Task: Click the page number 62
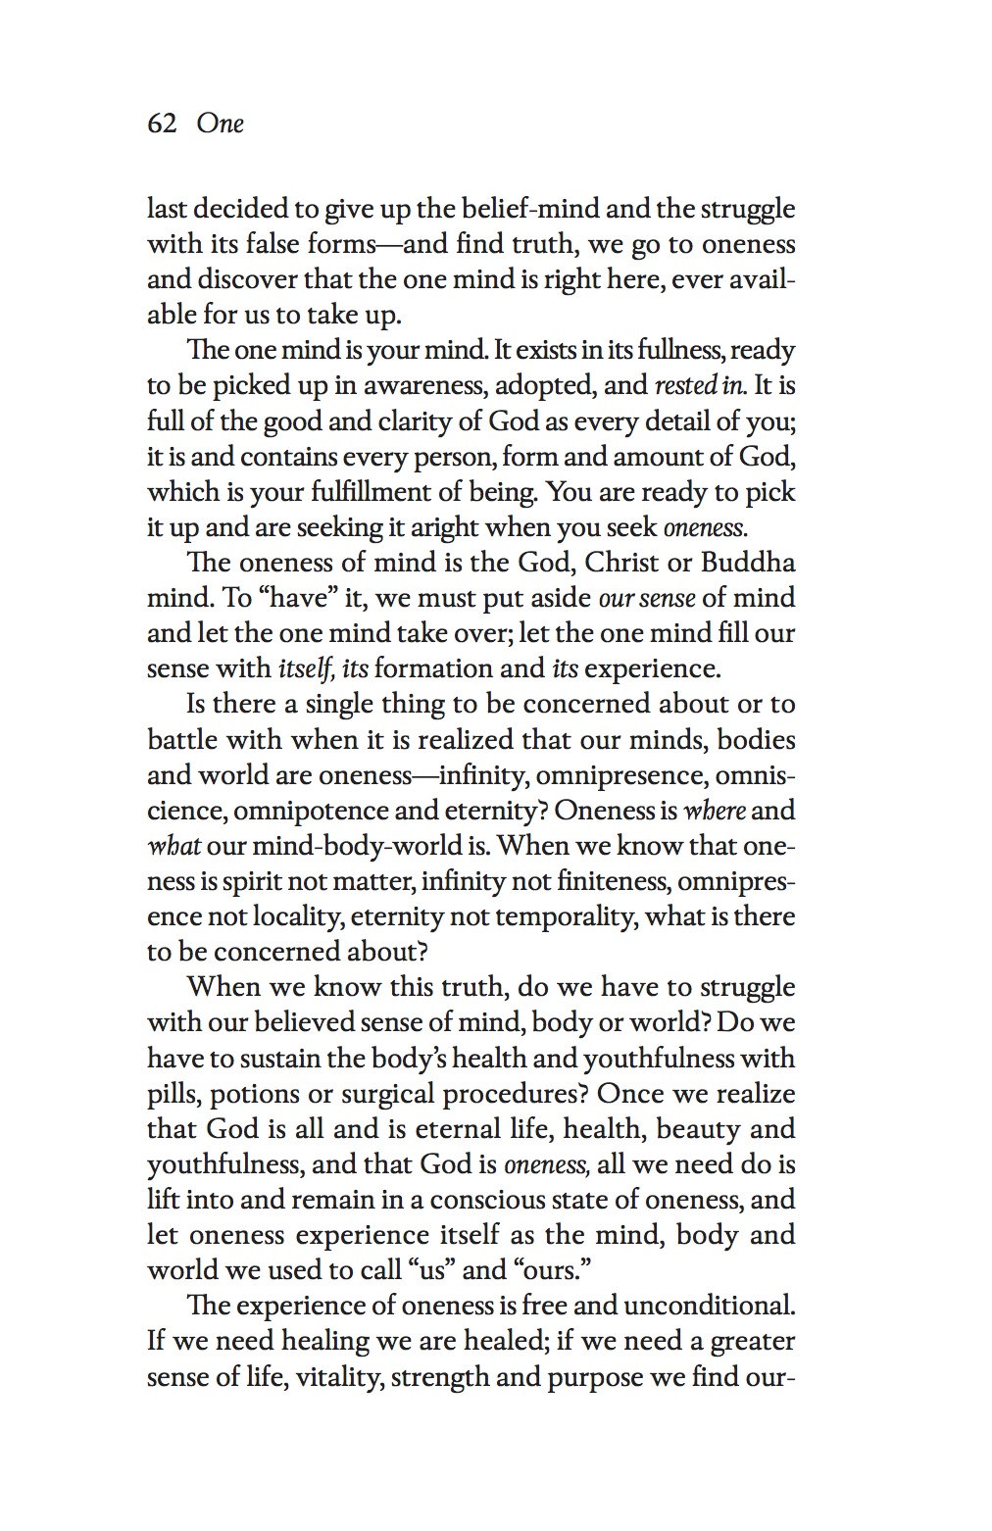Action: pyautogui.click(x=162, y=123)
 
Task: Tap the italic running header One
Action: pyautogui.click(x=220, y=123)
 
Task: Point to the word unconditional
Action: pyautogui.click(x=709, y=1306)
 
